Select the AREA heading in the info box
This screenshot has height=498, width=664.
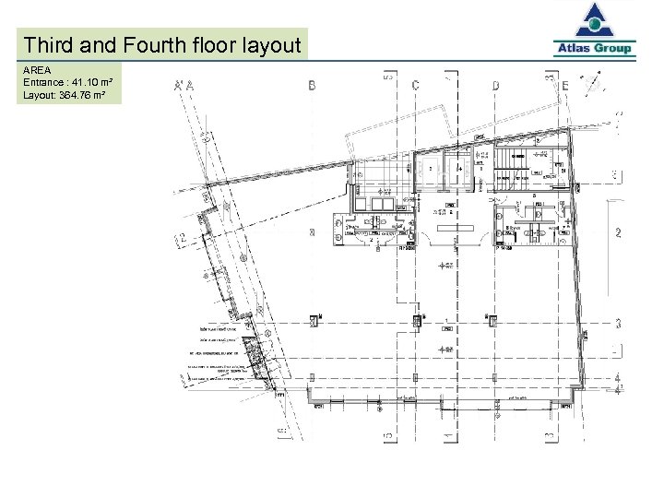pos(38,69)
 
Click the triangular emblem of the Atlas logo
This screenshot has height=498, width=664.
pos(595,21)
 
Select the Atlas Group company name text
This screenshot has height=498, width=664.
pos(595,49)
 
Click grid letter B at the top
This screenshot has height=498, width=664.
pos(313,85)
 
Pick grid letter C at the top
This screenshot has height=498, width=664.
pos(416,85)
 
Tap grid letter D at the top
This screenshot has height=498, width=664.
pos(496,85)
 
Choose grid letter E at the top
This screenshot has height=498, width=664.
pos(565,85)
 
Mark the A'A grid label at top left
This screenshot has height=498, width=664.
pos(184,86)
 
